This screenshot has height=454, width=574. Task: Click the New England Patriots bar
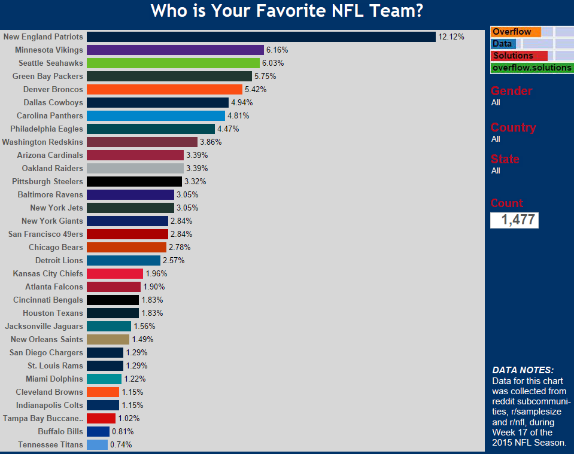pos(261,37)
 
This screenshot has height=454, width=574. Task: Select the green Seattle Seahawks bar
pos(173,63)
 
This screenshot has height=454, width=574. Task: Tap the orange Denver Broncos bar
pos(165,90)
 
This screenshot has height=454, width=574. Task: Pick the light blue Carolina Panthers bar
pos(156,116)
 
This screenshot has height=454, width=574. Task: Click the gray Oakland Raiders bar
pos(135,169)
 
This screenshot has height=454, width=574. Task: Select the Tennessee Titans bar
pos(97,445)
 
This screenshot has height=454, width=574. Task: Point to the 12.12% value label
pos(451,37)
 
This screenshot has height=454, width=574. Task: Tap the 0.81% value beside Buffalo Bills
pos(123,432)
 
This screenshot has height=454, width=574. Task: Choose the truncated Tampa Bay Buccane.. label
pos(43,419)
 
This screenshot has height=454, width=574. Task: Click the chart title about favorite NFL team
pos(287,11)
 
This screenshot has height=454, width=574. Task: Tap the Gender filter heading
pos(511,91)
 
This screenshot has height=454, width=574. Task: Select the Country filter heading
pos(513,127)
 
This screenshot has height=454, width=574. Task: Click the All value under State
pos(496,171)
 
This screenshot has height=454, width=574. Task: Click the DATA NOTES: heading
pos(523,370)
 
